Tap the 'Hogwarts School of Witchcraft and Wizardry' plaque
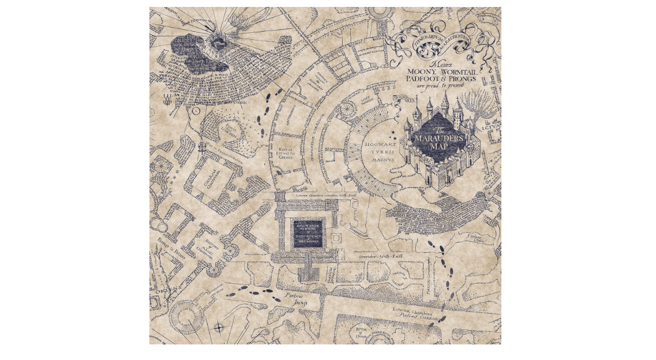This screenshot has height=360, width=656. (x=308, y=234)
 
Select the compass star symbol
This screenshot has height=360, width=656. (x=219, y=328)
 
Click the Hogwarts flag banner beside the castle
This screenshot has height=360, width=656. (x=404, y=100)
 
